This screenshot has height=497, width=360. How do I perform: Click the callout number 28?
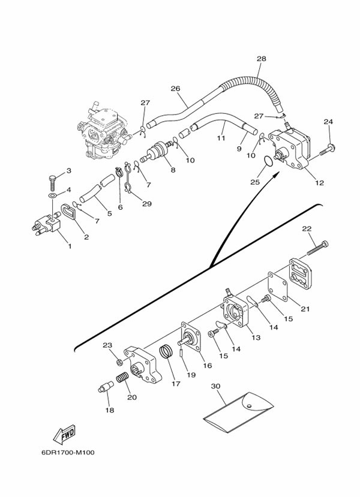[x=262, y=59]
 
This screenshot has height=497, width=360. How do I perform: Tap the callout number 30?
[x=215, y=386]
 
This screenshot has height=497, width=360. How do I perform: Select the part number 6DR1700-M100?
[x=68, y=452]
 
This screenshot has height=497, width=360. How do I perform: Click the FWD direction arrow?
[x=64, y=434]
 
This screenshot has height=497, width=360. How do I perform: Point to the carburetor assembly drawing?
[x=103, y=130]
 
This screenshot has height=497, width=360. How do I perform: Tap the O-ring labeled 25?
[x=268, y=161]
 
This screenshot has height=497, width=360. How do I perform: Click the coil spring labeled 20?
[x=122, y=378]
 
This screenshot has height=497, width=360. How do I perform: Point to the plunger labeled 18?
[x=106, y=387]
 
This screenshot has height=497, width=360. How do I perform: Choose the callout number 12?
[x=320, y=183]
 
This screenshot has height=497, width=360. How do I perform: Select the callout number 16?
[x=208, y=366]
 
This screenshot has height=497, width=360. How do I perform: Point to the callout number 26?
[x=175, y=89]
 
